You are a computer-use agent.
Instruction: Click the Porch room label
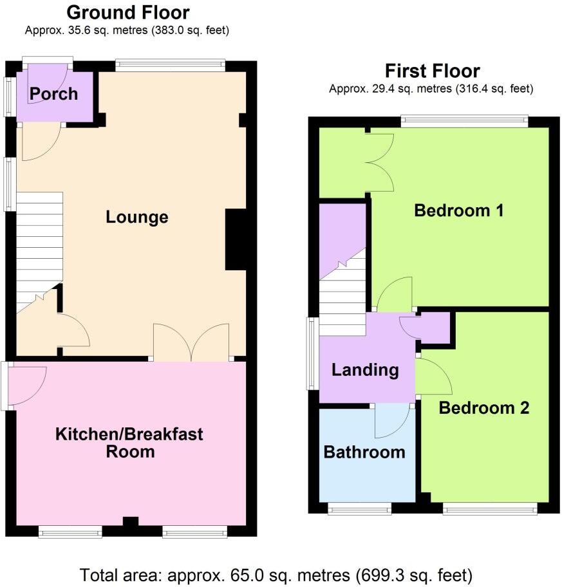(x=53, y=94)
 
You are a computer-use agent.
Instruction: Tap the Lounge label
(x=137, y=218)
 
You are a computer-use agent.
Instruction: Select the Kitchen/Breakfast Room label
(x=129, y=442)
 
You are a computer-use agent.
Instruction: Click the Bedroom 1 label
(x=458, y=210)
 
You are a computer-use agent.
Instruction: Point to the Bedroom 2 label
(x=484, y=407)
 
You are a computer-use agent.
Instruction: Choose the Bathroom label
(x=364, y=452)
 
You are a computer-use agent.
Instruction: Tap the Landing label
(x=365, y=370)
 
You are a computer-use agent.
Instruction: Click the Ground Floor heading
(x=128, y=12)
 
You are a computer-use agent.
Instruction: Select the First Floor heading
(x=432, y=71)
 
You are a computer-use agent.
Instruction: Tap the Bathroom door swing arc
(x=393, y=420)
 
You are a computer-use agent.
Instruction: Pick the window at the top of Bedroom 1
(x=464, y=120)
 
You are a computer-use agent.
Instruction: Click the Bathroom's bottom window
(x=359, y=510)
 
